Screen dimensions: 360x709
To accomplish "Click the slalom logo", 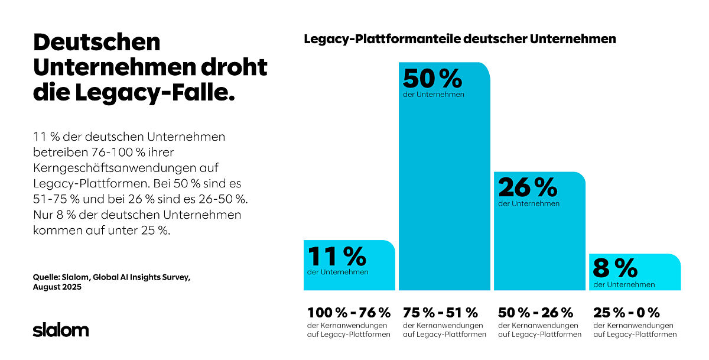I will point(60,329).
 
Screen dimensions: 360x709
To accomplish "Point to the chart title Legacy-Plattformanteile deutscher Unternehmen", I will point(460,39).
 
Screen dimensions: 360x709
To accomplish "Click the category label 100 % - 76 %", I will point(349,313).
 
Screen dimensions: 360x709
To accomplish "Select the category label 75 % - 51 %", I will point(440,313).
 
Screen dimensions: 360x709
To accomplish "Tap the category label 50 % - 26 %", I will point(535,313).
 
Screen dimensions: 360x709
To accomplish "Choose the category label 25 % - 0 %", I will point(626,313).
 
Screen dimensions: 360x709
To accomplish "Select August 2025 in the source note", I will point(57,287).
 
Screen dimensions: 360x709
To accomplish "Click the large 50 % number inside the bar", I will point(432,79).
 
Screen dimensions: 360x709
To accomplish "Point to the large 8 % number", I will point(615,268).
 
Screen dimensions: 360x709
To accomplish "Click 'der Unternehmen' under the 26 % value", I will point(529,203).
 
